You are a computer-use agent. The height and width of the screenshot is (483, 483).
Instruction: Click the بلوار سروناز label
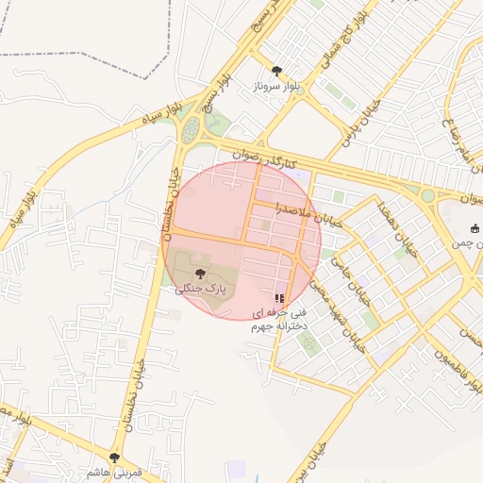275,86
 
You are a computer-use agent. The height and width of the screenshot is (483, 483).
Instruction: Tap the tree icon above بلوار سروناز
276,71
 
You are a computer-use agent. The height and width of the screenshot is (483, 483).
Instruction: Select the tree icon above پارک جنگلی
197,274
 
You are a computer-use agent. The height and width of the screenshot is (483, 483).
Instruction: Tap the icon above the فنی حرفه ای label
279,297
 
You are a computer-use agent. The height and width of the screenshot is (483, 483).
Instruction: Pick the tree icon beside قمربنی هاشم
114,458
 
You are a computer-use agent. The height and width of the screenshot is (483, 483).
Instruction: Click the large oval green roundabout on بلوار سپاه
192,128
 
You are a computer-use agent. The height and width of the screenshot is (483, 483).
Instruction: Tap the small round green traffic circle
428,195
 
